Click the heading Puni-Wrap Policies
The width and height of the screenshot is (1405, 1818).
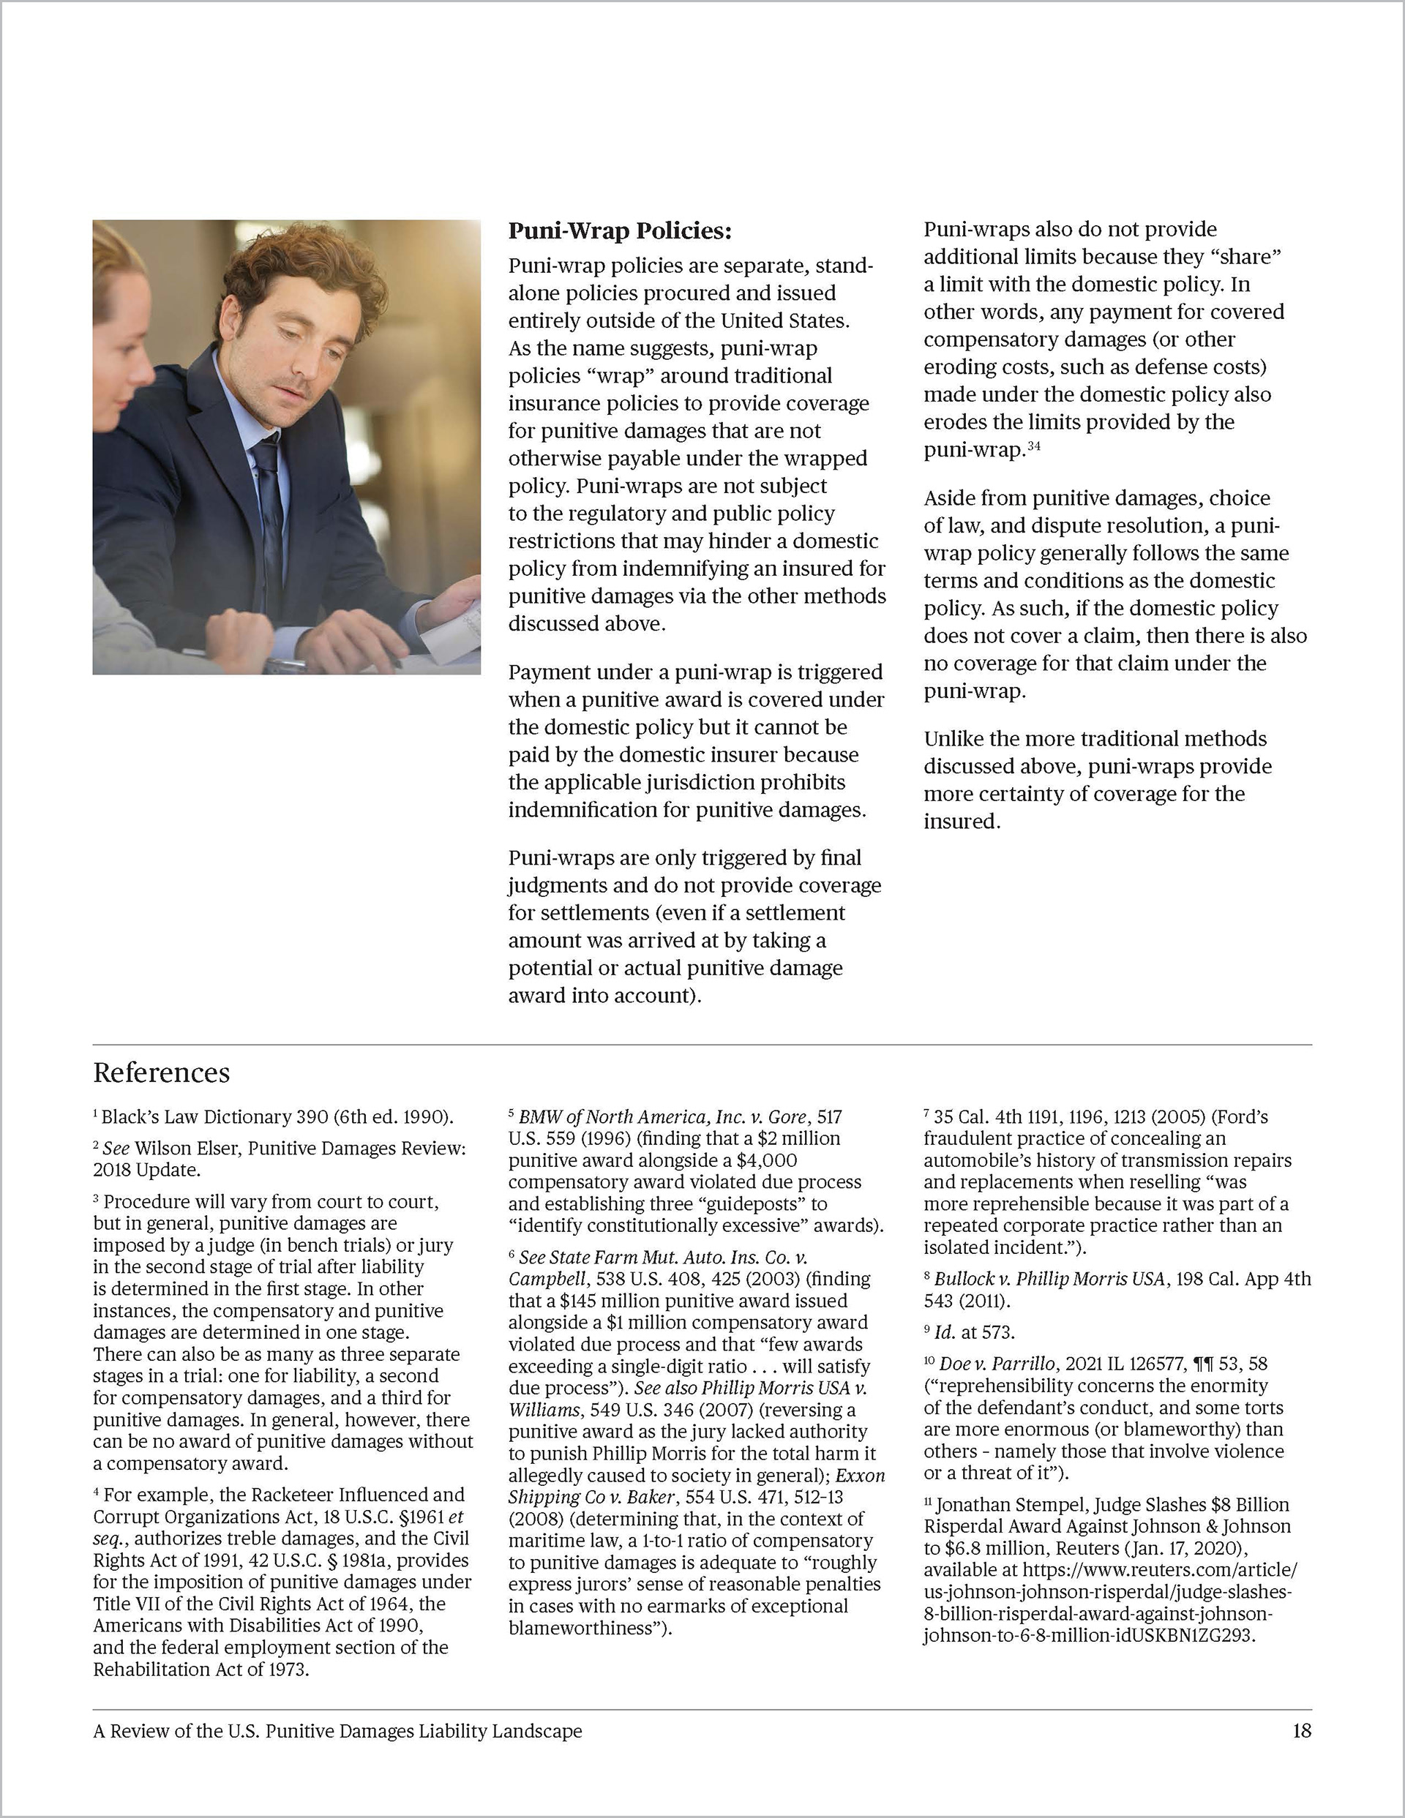(x=620, y=230)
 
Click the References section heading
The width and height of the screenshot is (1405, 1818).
(x=162, y=1073)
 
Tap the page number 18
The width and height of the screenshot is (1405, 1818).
(x=1302, y=1732)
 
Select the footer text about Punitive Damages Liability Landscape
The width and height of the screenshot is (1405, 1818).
(x=337, y=1732)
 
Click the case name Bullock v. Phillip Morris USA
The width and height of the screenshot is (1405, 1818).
(x=1049, y=1279)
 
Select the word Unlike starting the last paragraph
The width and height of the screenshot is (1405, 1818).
(x=954, y=739)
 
